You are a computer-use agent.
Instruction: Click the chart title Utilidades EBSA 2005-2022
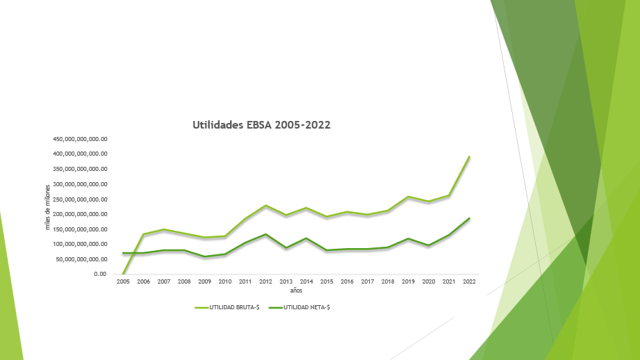pyautogui.click(x=261, y=125)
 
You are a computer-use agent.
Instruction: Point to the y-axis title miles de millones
pyautogui.click(x=48, y=207)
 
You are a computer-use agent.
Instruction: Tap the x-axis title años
pyautogui.click(x=296, y=290)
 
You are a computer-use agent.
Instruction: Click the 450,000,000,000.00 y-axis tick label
pyautogui.click(x=80, y=139)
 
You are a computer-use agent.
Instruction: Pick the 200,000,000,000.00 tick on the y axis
pyautogui.click(x=80, y=214)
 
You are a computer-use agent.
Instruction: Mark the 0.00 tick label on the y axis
pyautogui.click(x=99, y=275)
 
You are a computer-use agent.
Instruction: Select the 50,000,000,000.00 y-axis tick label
pyautogui.click(x=82, y=259)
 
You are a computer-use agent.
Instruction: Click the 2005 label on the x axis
pyautogui.click(x=123, y=281)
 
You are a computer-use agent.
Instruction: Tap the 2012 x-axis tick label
pyautogui.click(x=266, y=281)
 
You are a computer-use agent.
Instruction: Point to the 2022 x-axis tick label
pyautogui.click(x=470, y=281)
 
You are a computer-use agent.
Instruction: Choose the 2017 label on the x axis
pyautogui.click(x=368, y=281)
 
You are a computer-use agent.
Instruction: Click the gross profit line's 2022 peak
pyautogui.click(x=470, y=157)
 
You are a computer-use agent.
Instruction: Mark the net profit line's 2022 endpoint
pyautogui.click(x=470, y=218)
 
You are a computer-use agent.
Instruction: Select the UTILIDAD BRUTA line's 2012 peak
pyautogui.click(x=266, y=206)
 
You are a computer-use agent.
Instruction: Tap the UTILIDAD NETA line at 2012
pyautogui.click(x=266, y=234)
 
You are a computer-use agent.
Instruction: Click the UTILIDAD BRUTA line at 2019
pyautogui.click(x=409, y=197)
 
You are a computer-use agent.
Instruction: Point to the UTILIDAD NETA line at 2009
pyautogui.click(x=205, y=256)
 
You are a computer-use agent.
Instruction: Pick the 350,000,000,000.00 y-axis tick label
pyautogui.click(x=80, y=169)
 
